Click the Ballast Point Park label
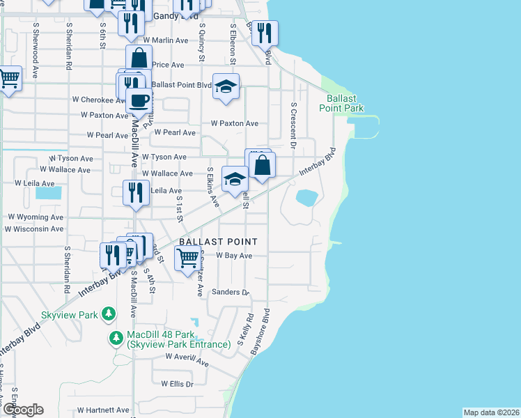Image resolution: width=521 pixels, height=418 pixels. pos(341,103)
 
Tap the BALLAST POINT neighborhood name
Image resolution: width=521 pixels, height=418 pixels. pos(218,242)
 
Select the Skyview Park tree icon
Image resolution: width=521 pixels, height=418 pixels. pos(108,315)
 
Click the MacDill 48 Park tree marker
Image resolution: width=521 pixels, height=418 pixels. pos(116,339)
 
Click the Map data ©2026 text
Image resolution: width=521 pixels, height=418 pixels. pos(491,412)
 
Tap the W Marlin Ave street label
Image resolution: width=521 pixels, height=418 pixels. pos(165,41)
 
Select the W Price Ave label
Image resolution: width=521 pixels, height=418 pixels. pos(167,65)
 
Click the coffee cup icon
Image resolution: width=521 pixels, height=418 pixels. pos(138,100)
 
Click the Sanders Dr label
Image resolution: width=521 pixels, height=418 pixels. pos(231,293)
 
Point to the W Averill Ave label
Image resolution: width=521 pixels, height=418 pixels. pos(187,359)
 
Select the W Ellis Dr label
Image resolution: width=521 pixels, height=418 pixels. pos(177,384)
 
